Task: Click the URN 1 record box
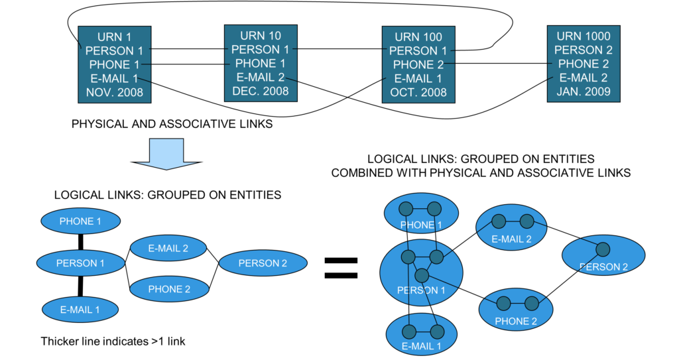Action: click(x=114, y=64)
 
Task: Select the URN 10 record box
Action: click(x=260, y=63)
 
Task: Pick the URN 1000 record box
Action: click(x=583, y=64)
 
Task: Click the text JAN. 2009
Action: click(x=583, y=91)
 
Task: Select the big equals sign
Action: click(x=340, y=267)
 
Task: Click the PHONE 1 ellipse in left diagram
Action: click(x=81, y=221)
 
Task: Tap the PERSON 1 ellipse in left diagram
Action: click(x=81, y=263)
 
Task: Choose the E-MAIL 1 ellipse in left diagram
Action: click(x=81, y=308)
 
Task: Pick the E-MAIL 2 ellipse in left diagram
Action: click(x=168, y=249)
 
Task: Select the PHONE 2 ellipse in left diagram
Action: click(x=169, y=289)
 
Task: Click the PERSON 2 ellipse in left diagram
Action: click(x=263, y=263)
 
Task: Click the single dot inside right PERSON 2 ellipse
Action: click(x=602, y=249)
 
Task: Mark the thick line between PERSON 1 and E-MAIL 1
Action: click(x=81, y=286)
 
